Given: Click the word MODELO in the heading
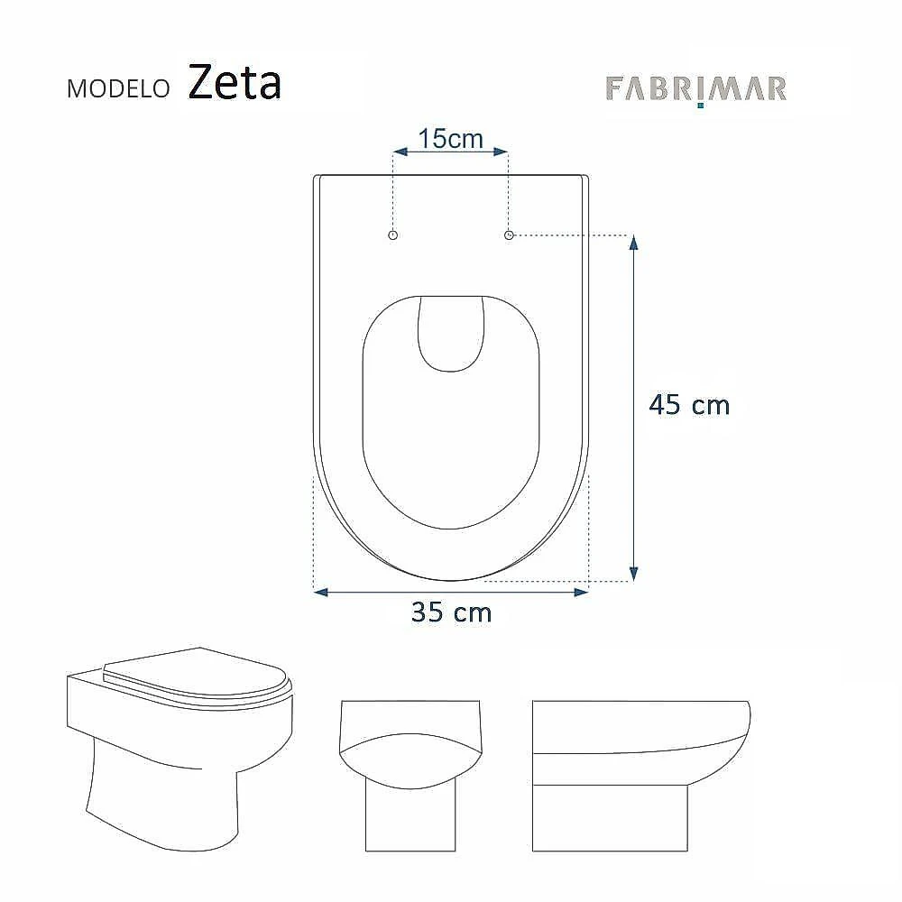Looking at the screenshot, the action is click(118, 88).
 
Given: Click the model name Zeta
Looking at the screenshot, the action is click(235, 82).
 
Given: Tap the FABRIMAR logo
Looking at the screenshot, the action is click(696, 89).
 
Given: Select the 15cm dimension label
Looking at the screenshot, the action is click(450, 139).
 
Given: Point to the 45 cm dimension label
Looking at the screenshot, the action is click(689, 405).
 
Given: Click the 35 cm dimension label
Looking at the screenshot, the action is click(452, 612).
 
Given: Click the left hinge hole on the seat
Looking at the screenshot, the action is click(393, 235).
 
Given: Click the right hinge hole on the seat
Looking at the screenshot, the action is click(509, 235).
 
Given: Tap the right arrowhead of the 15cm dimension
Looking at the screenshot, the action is click(501, 152).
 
